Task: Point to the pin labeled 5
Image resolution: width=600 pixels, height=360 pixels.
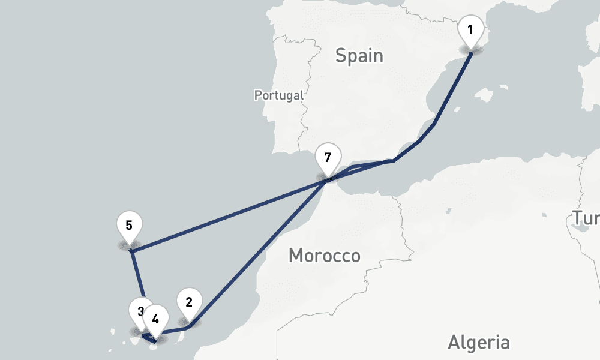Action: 129,226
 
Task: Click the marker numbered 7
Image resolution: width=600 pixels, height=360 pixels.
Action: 327,158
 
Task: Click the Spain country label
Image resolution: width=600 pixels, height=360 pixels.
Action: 359,56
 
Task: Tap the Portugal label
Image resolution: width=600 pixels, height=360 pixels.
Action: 278,95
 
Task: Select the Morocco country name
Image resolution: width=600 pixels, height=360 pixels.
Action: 324,256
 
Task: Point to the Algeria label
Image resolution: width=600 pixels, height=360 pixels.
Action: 478,343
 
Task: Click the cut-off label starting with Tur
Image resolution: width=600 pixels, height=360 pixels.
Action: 584,219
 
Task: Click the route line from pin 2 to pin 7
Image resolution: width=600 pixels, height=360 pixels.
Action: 258,252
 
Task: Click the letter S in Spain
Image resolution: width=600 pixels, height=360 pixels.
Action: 341,56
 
